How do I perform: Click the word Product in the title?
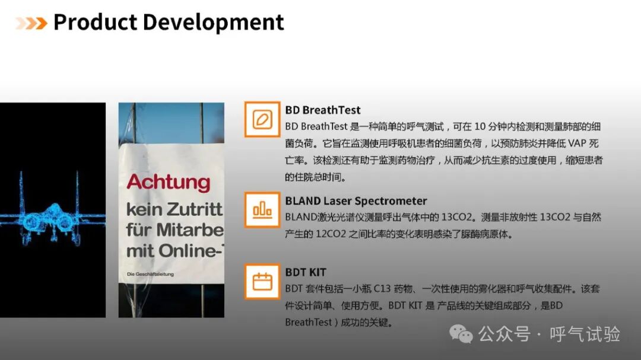(95, 22)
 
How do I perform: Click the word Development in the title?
(213, 23)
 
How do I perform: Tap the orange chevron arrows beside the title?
(31, 23)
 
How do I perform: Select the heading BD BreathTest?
(322, 110)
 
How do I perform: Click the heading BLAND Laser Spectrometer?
(356, 201)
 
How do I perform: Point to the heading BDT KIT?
(306, 272)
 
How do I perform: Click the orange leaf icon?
(262, 119)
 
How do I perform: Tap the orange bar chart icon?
(262, 209)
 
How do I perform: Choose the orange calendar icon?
(262, 282)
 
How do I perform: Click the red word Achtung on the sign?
(169, 182)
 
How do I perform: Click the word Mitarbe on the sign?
(190, 230)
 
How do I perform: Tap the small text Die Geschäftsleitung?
(150, 274)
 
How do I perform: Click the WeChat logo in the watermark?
(461, 334)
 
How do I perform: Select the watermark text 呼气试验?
(585, 334)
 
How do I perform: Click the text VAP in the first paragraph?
(577, 144)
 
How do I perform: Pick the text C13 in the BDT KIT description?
(382, 289)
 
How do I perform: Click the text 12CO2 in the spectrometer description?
(331, 234)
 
